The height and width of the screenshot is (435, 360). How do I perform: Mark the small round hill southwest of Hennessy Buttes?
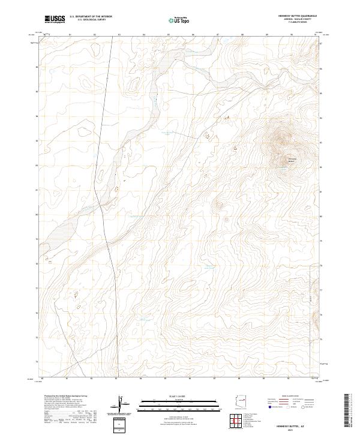coord(219,205)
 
